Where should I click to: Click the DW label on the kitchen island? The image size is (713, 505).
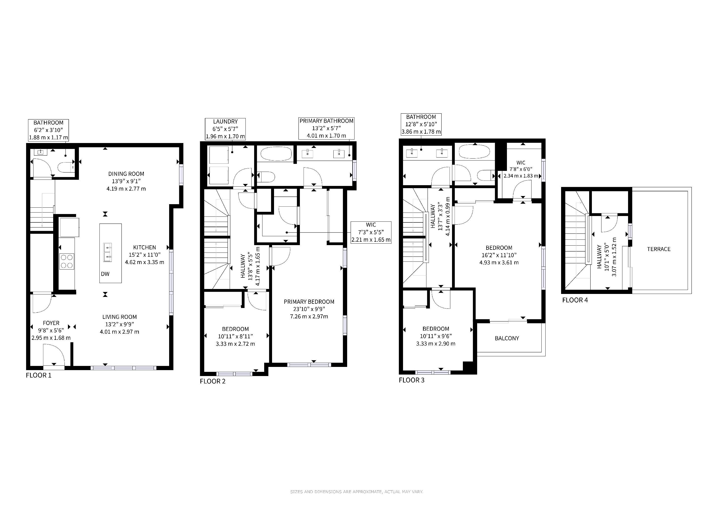[x=105, y=274]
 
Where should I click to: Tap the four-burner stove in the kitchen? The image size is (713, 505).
[x=67, y=261]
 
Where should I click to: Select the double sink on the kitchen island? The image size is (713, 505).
[x=107, y=252]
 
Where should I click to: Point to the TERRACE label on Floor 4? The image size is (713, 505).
[x=659, y=249]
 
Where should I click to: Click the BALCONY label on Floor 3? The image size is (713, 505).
[x=507, y=338]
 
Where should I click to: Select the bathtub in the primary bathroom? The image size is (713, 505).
[x=276, y=154]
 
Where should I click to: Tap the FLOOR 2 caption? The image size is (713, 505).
[x=213, y=381]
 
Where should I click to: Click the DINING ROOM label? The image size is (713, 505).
[x=126, y=174]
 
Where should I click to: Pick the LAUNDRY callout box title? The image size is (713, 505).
[x=226, y=122]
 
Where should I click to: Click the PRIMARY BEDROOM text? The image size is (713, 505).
[x=309, y=302]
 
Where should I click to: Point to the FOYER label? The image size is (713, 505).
[x=51, y=323]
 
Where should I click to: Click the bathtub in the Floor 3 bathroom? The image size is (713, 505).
[x=474, y=152]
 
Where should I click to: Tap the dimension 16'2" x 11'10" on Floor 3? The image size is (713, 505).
[x=499, y=255]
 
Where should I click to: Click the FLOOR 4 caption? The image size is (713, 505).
[x=575, y=300]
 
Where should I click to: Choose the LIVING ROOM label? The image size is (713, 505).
[x=120, y=317]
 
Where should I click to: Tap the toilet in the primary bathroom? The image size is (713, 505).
[x=266, y=177]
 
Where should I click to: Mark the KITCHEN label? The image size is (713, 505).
[x=145, y=247]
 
